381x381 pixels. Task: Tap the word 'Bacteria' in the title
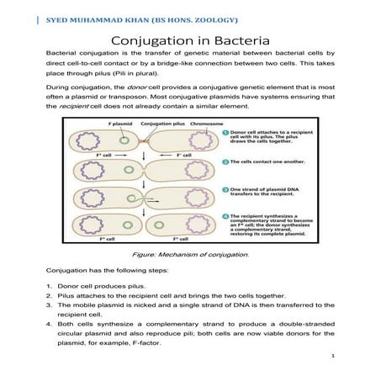[239, 40]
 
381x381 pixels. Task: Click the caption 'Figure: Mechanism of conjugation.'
[191, 253]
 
